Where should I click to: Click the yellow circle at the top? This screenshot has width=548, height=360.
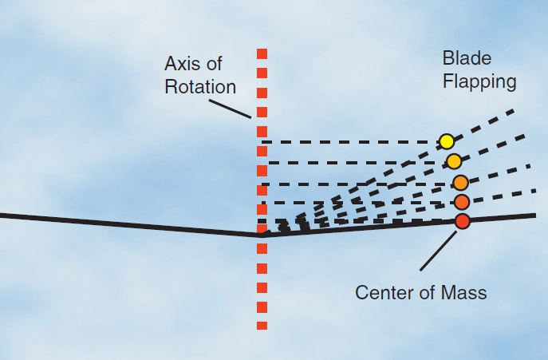447,141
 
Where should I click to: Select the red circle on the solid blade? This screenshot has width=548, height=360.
463,221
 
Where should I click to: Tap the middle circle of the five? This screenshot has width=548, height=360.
460,182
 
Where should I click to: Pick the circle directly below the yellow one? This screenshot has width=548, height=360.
454,161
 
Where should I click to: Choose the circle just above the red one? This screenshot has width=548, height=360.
462,201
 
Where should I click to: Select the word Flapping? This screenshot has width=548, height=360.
479,81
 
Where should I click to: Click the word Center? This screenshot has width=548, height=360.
383,292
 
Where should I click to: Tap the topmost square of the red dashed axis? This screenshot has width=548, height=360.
262,53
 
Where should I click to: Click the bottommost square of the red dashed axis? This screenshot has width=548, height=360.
262,325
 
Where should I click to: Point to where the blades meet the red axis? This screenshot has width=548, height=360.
262,235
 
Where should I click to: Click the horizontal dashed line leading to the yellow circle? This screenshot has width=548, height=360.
351,142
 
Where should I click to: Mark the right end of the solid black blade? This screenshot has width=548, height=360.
533,215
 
